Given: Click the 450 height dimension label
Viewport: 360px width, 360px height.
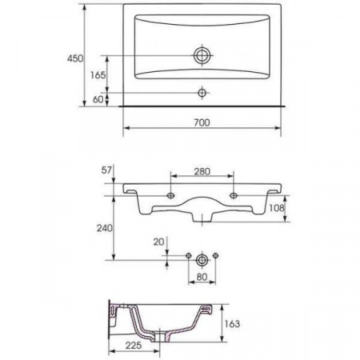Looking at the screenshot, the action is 75,58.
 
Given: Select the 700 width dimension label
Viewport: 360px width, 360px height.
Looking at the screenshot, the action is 202,122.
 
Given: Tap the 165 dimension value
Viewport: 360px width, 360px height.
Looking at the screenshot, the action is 98,75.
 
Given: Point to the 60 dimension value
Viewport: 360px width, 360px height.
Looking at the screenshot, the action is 98,99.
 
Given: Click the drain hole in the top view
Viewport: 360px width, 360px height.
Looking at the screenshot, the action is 202,56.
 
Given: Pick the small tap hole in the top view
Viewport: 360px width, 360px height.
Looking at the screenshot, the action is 202,93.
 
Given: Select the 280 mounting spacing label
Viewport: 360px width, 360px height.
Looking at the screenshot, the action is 202,171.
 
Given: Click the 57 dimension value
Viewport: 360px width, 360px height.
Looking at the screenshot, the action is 106,170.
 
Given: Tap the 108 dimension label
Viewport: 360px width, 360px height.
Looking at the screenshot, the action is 277,208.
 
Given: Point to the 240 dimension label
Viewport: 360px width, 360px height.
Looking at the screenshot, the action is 104,228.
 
